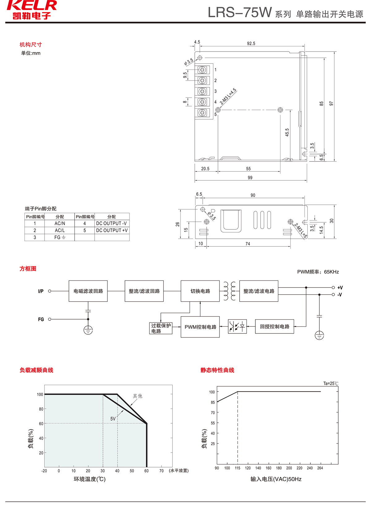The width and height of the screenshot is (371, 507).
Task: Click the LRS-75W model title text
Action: (x=240, y=13)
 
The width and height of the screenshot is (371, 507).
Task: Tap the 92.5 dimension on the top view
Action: (x=251, y=44)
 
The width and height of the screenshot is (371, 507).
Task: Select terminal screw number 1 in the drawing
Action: (x=202, y=70)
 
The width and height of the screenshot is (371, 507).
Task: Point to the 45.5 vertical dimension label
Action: (x=287, y=132)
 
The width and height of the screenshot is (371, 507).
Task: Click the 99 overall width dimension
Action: (x=250, y=178)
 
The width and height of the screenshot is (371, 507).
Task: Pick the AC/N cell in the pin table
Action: (x=60, y=223)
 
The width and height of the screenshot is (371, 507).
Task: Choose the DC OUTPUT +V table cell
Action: (x=112, y=230)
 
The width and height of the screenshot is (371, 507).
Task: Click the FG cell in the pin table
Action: (x=60, y=237)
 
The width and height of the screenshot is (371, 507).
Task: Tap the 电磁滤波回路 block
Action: (x=88, y=291)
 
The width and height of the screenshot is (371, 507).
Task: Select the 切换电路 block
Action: (x=200, y=291)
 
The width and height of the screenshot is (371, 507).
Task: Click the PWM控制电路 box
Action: (x=200, y=327)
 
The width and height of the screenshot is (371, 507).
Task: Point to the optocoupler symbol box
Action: (x=237, y=326)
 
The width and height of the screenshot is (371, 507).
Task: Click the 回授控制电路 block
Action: (x=275, y=327)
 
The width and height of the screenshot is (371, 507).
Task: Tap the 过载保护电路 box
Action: (x=161, y=328)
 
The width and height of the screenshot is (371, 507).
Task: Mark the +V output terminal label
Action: (x=340, y=287)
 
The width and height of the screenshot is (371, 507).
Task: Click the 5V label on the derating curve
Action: (x=113, y=419)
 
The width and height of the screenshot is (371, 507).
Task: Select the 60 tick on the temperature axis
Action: (x=147, y=471)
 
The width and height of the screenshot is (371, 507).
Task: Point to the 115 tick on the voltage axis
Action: (x=237, y=468)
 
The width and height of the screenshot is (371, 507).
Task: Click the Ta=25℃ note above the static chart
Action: (x=330, y=383)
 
